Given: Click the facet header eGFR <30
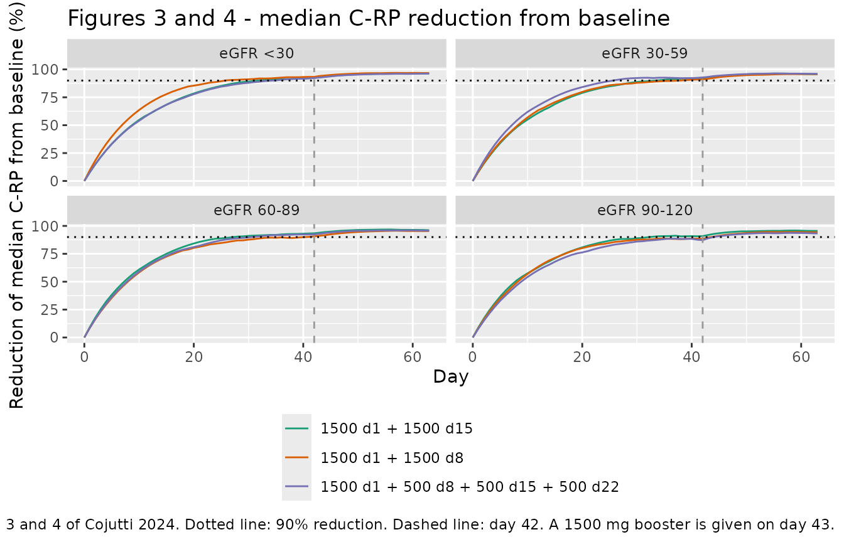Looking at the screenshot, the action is (x=257, y=53).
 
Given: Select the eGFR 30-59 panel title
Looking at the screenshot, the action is (x=645, y=53).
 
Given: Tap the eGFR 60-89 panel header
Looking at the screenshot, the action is (x=257, y=210).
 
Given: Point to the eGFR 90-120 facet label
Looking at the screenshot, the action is (x=645, y=210).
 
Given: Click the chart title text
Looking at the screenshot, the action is (x=369, y=18).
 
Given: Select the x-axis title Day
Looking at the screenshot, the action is (x=451, y=377).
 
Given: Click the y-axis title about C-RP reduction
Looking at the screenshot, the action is (x=16, y=205).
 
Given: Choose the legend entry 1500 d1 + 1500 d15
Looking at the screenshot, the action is (x=396, y=428).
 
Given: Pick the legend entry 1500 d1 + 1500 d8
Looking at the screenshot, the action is (x=392, y=458).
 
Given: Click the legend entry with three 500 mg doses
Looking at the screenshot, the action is (x=470, y=487).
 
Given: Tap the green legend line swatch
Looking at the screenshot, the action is (x=296, y=428).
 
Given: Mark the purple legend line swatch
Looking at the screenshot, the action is (x=296, y=487).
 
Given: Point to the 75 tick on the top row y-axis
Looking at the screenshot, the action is (x=50, y=97).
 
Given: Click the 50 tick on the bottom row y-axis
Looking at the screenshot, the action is (x=50, y=282).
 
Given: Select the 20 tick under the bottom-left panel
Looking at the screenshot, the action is (x=193, y=357).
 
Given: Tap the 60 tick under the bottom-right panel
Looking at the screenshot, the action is (x=801, y=357).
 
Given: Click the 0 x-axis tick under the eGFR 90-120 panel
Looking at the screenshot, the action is (x=473, y=357).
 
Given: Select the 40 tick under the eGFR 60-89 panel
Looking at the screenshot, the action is (x=303, y=357).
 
